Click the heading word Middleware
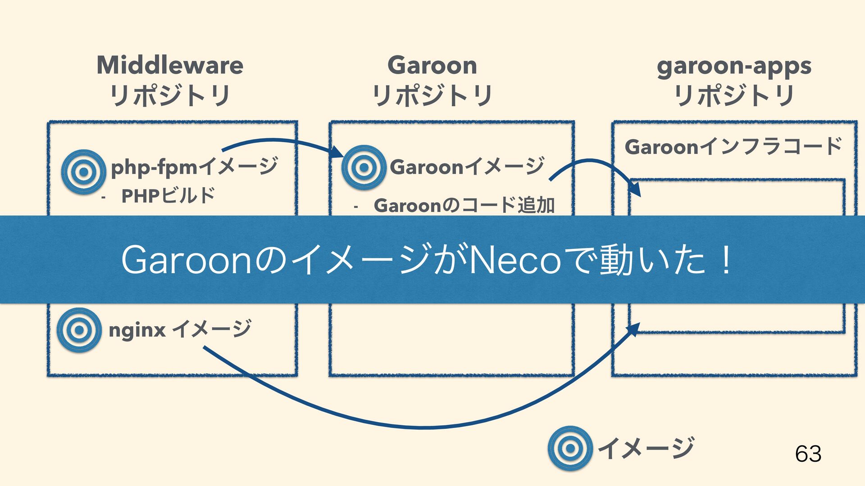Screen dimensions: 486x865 [170, 65]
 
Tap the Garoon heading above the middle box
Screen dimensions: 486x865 [432, 65]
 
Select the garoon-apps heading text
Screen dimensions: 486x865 [734, 66]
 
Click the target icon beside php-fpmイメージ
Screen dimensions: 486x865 [83, 171]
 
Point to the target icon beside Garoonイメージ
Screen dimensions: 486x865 [364, 167]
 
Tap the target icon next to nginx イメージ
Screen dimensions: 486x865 [79, 330]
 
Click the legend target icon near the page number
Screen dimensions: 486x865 [570, 448]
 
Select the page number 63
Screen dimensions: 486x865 [808, 454]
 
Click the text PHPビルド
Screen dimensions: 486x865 [168, 196]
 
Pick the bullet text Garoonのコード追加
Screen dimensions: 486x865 [464, 205]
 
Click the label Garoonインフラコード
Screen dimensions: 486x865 [733, 147]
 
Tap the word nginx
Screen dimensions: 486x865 [137, 330]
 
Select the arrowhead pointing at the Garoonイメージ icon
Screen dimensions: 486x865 [337, 152]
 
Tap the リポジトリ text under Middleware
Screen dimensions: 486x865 [170, 96]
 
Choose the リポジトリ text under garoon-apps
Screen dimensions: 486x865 [734, 96]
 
